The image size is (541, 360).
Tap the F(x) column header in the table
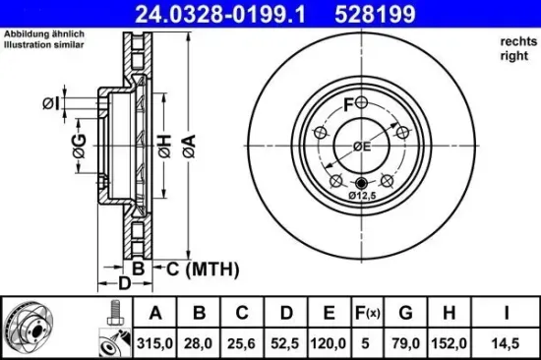pyautogui.click(x=367, y=314)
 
